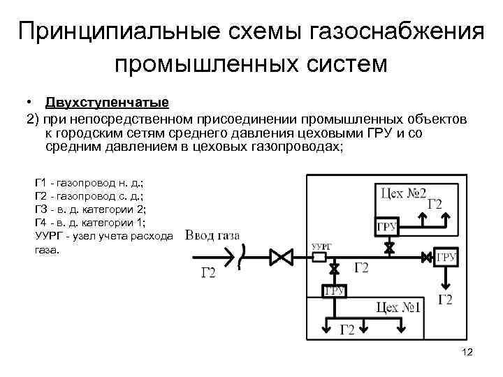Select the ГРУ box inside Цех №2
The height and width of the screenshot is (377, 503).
387,226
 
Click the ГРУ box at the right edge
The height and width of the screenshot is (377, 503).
446,257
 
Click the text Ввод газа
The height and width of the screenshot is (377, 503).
212,235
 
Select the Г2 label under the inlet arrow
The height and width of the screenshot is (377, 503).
209,273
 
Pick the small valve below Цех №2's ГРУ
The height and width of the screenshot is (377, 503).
388,247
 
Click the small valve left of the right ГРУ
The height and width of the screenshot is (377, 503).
426,258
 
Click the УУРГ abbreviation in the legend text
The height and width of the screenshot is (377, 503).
48,236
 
